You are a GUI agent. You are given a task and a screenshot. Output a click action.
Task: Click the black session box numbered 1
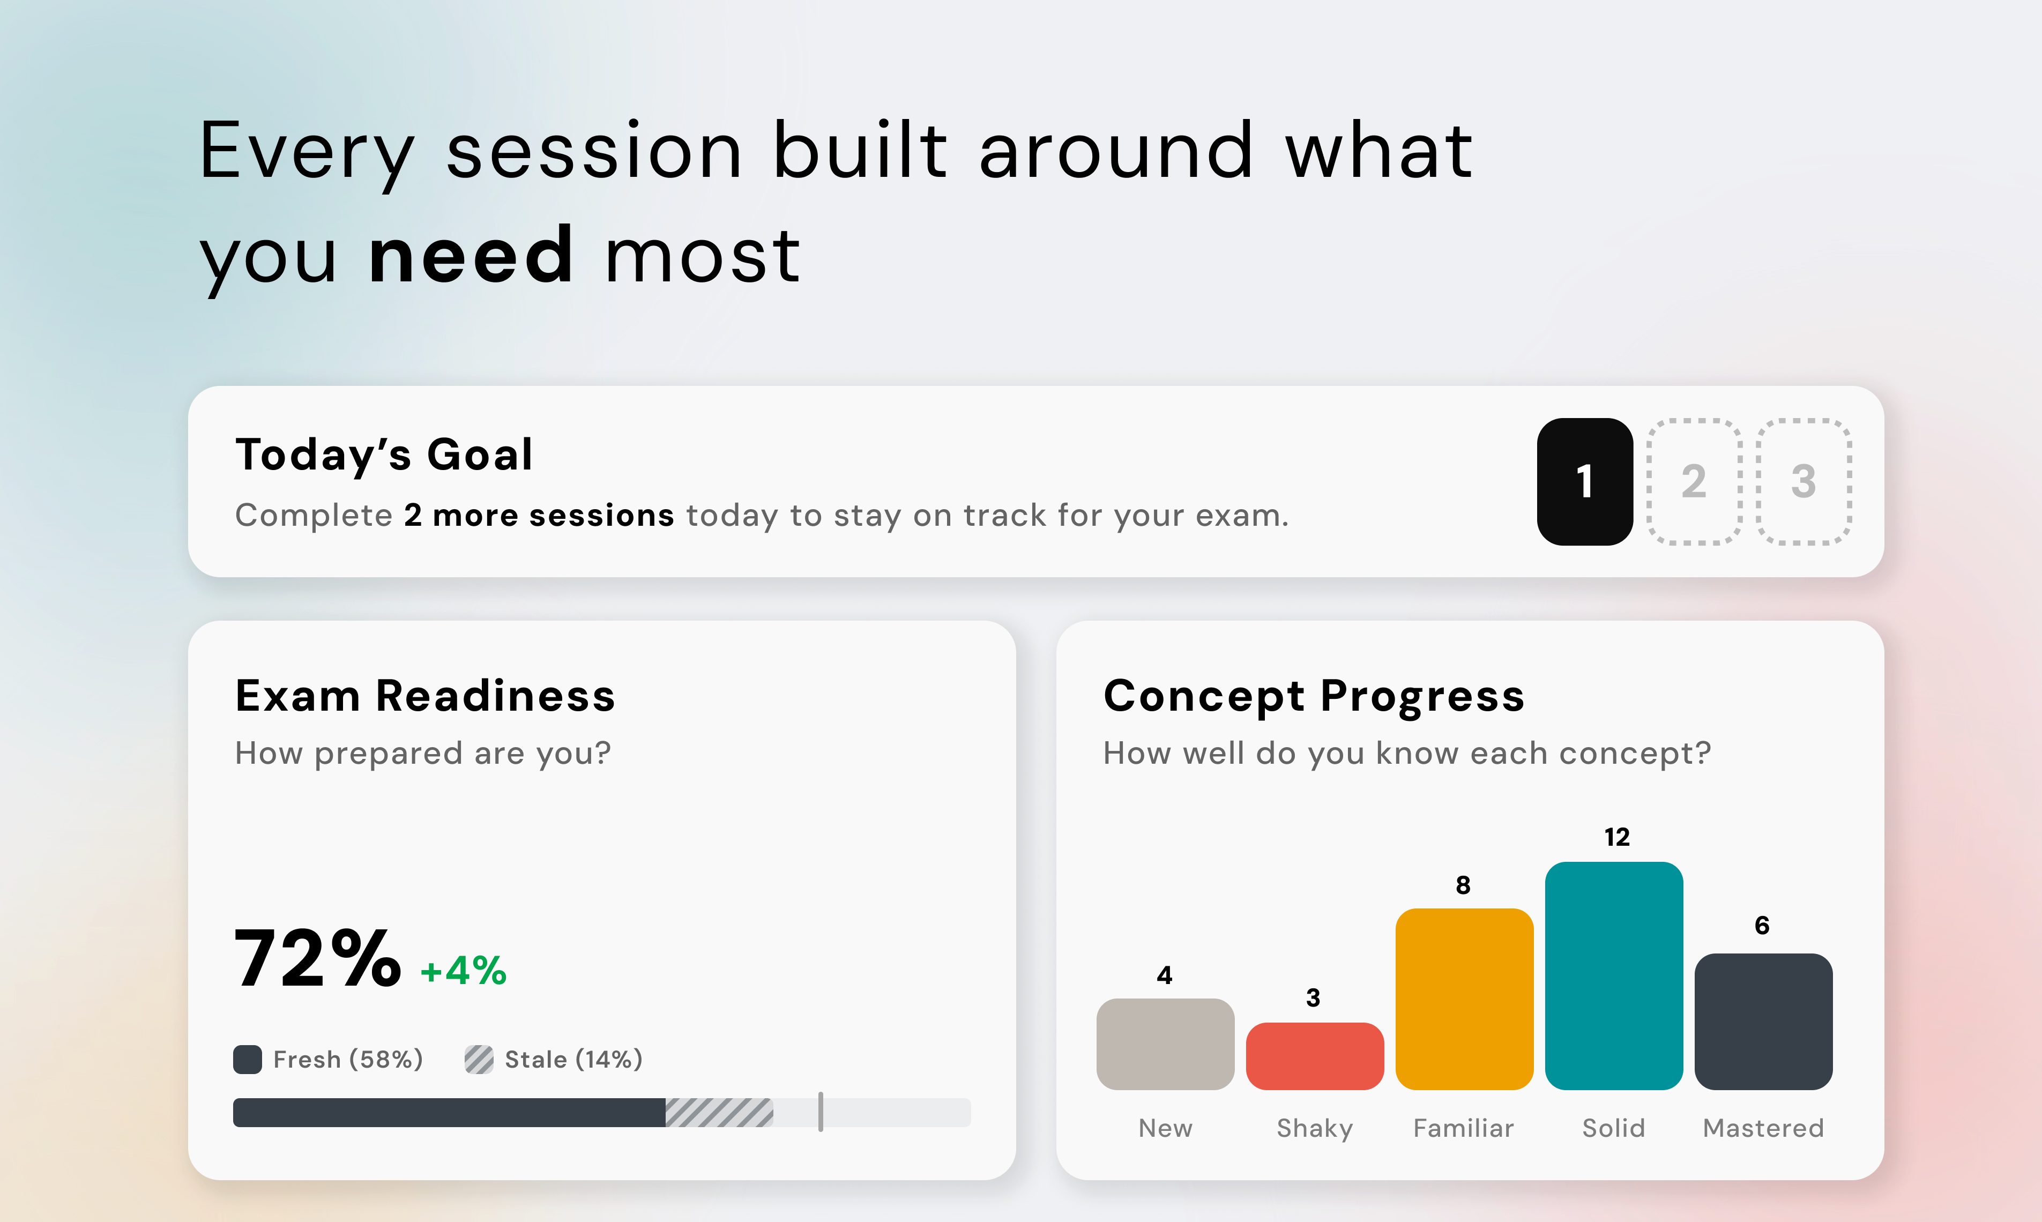click(1584, 482)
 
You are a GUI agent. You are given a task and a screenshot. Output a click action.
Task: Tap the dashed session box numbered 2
click(1694, 482)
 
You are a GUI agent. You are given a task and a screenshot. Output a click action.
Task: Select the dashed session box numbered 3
click(1803, 482)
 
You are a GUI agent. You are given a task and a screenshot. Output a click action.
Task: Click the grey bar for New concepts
click(1165, 1044)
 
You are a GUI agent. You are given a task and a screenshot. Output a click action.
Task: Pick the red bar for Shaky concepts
click(1315, 1056)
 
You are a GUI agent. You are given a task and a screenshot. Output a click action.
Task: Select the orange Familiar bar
click(1464, 999)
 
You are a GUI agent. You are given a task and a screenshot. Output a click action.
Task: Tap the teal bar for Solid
click(1614, 976)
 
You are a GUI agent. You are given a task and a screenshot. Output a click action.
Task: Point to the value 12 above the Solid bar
click(1617, 838)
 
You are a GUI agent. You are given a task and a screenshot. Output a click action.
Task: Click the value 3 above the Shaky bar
click(1313, 998)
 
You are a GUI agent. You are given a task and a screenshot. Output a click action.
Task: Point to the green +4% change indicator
click(464, 971)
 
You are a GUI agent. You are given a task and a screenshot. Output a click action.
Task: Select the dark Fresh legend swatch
click(248, 1060)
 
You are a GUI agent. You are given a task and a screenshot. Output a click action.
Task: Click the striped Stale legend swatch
click(479, 1060)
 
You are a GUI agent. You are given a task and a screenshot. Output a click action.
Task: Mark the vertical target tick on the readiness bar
click(821, 1112)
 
